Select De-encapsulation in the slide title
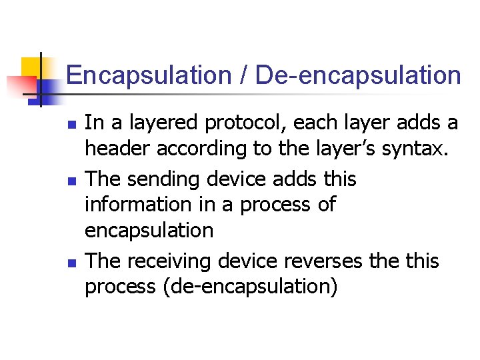point(359,75)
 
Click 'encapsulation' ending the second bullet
point(149,231)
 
